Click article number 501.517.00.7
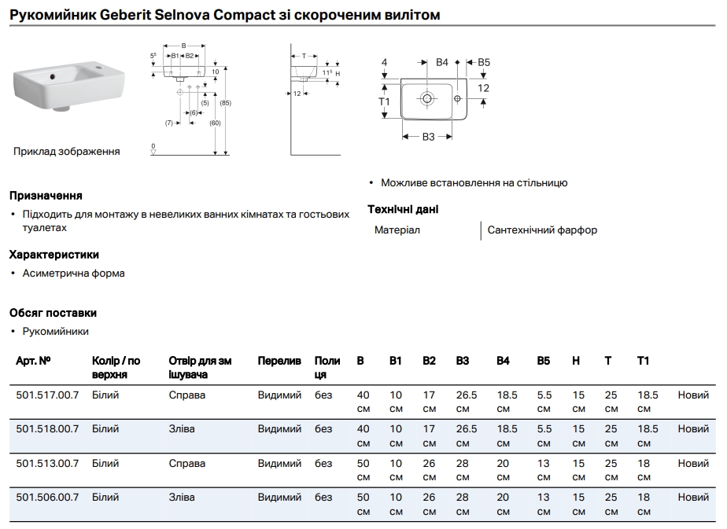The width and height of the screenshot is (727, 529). coord(47,395)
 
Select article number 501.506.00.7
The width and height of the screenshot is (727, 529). coord(47,497)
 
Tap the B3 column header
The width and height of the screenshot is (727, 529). coord(462,361)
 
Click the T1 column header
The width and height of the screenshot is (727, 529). coord(643,361)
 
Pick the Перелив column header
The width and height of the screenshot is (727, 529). coord(279,361)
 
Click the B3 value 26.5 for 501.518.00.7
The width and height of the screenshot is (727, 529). coord(467,429)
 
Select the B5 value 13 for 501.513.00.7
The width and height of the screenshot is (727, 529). coord(544,463)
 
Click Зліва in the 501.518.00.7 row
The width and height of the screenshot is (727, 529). coord(182,429)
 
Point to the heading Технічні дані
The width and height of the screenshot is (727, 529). coord(403,209)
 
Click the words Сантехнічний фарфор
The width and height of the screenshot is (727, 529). coord(542,230)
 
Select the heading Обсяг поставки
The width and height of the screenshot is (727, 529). coord(53,313)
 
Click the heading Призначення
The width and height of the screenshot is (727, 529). coord(46,195)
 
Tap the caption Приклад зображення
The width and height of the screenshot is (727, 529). coord(67,151)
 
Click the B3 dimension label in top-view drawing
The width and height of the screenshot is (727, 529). coord(428,137)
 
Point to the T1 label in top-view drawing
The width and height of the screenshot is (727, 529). coord(384,102)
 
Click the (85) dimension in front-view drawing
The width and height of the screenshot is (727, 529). coord(225,103)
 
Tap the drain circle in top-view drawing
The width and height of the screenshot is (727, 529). coord(427,98)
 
